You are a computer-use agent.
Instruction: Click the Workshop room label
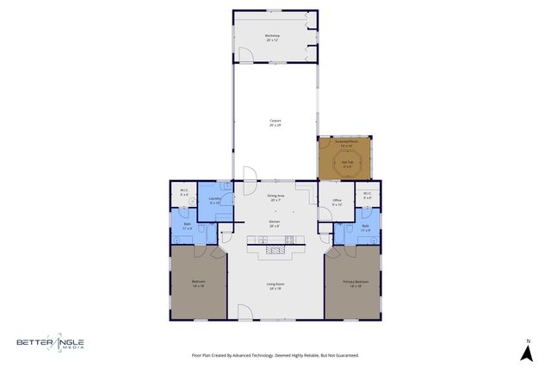(x=273, y=38)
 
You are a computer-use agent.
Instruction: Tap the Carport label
(x=275, y=123)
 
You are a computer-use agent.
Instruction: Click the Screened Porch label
(x=344, y=145)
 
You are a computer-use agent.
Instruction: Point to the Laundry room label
(x=214, y=201)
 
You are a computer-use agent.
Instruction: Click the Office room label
(x=337, y=203)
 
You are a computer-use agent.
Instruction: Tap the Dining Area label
(x=276, y=197)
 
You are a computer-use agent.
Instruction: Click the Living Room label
(x=275, y=286)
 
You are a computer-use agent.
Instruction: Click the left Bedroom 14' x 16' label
(x=198, y=284)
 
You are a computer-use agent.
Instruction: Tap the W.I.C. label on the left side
(x=184, y=193)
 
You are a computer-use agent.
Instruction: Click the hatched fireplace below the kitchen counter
(x=275, y=250)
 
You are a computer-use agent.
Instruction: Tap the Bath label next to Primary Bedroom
(x=365, y=227)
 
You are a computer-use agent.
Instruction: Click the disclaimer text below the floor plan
(x=275, y=355)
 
